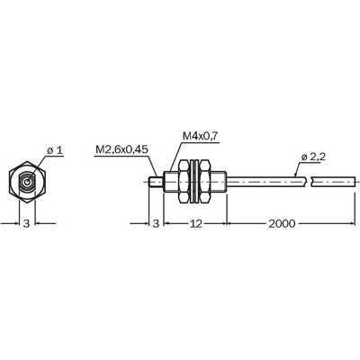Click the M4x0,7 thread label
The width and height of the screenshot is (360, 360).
pos(201,137)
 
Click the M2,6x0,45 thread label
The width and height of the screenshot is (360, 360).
pos(121,149)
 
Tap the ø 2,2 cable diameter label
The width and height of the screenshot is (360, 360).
pos(313,157)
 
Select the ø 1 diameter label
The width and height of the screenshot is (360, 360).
pos(55,150)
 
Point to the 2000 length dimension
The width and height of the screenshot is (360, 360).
pos(282,223)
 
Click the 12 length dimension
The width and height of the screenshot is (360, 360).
pos(196,223)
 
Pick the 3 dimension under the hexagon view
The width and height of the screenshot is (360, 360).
pos(27,223)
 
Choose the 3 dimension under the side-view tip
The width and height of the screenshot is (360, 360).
pos(156,223)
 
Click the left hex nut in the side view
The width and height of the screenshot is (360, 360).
pos(184,182)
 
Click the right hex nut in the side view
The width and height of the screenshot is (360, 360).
pos(204,182)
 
